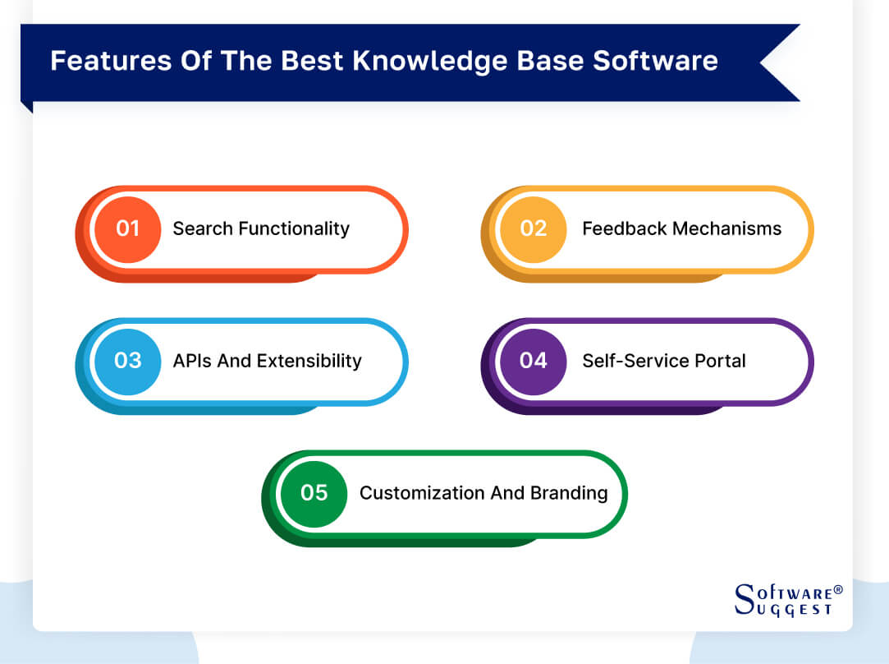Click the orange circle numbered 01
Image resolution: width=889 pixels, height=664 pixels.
(127, 229)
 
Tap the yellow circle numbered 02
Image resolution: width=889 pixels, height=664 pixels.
(533, 229)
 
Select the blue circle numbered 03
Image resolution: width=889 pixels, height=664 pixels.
(127, 361)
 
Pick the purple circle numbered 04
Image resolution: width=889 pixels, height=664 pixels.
(533, 361)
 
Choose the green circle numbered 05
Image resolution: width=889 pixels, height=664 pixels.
(314, 493)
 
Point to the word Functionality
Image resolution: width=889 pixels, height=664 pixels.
(294, 228)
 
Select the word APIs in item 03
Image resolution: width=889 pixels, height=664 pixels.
(191, 361)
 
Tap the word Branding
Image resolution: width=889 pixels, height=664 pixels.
(567, 493)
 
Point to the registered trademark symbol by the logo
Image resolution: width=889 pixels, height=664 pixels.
(838, 589)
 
